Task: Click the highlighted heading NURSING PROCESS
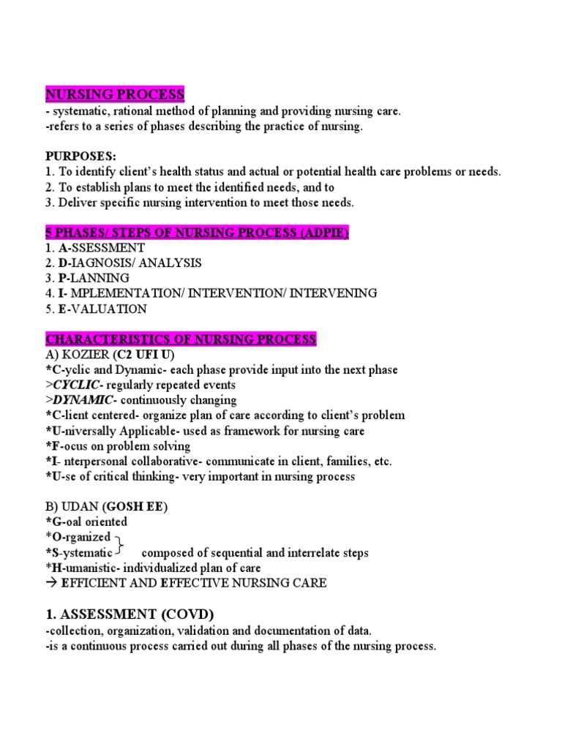pyautogui.click(x=115, y=95)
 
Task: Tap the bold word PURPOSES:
pyautogui.click(x=80, y=157)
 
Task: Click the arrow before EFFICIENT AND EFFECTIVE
pyautogui.click(x=52, y=583)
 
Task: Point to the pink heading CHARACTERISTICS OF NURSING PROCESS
pyautogui.click(x=181, y=339)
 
